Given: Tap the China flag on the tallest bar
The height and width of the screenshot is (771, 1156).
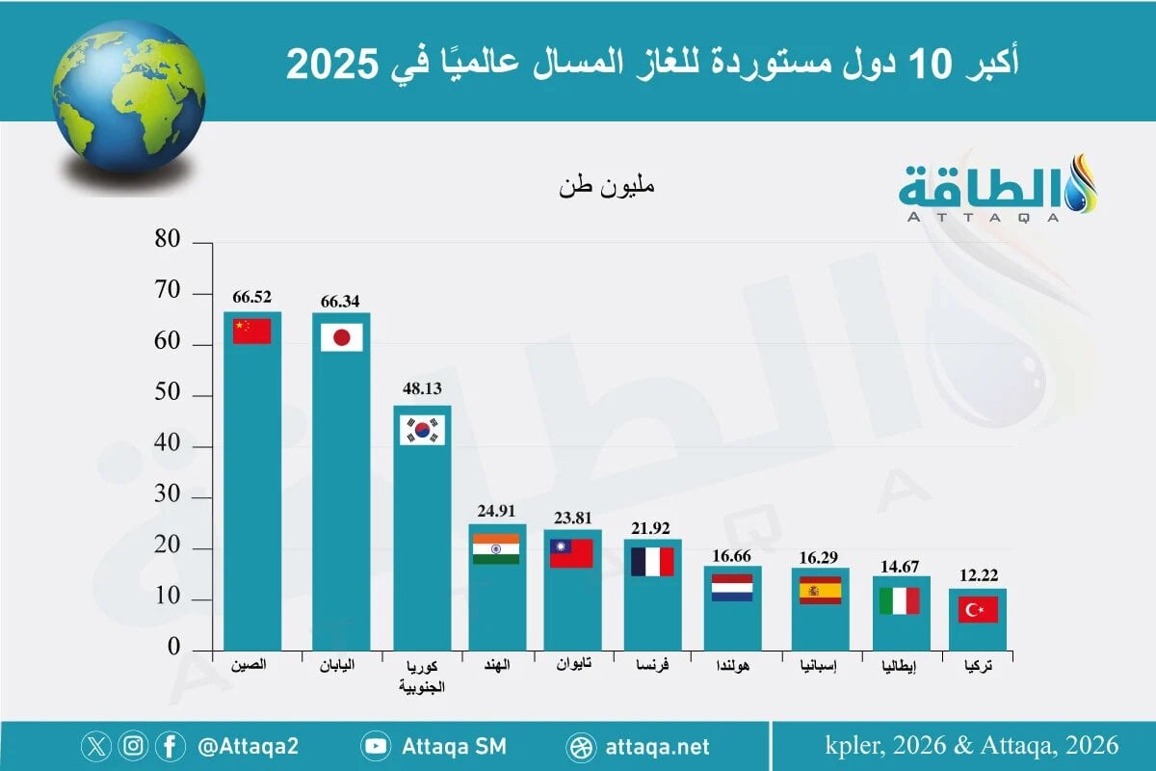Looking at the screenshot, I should [252, 331].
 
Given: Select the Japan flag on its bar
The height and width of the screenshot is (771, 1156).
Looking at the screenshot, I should [341, 336].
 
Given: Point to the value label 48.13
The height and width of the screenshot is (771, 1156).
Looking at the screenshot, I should [422, 391].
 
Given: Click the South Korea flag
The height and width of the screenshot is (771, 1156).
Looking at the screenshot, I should [422, 430].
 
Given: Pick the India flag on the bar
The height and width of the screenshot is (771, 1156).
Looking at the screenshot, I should [496, 548].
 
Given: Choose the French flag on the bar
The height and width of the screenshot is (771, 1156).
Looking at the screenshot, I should [652, 561].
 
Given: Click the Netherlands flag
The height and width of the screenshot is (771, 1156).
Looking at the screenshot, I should [732, 587].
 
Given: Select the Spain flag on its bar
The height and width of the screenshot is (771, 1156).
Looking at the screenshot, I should [821, 590].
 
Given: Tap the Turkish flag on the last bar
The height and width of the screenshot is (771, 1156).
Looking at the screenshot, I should [977, 609].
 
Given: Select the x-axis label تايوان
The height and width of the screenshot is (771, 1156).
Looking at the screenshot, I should [571, 665].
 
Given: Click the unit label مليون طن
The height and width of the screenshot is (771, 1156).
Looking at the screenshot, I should [606, 185].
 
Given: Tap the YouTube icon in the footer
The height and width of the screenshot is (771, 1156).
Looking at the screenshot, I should [375, 746].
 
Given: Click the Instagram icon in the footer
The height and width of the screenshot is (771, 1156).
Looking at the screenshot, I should [134, 746].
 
